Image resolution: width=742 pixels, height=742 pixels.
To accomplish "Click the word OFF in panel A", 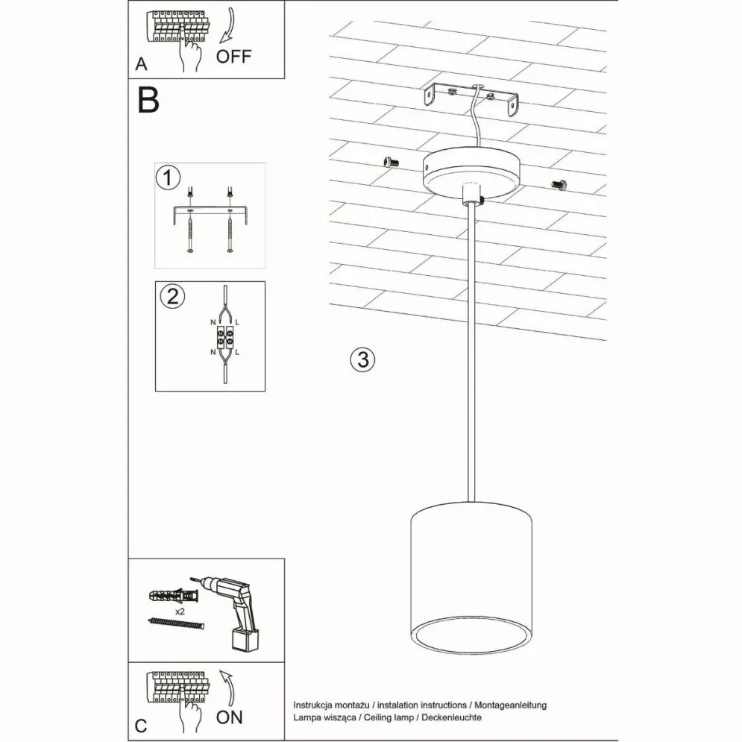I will pos(235,57).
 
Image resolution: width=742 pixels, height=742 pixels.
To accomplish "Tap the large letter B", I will pos(148,100).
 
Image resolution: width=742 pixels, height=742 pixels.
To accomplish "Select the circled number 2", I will pos(172,296).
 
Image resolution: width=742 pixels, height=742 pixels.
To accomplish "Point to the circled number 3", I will pos(362,359).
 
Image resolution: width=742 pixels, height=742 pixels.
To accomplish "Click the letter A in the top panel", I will pos(141,66).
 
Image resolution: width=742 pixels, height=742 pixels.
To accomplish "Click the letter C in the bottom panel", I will pos(141,725).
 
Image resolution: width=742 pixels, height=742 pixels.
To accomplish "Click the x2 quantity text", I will pos(180,611).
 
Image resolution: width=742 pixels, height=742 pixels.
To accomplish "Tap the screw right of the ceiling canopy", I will pos(559,183).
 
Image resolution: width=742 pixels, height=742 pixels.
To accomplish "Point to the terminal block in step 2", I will pos(225,337).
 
